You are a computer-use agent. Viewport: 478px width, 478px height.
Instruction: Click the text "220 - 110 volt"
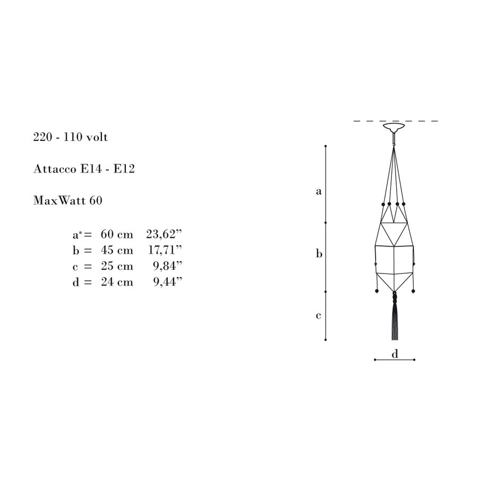point(71,137)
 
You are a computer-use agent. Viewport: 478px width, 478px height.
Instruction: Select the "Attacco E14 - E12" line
point(84,169)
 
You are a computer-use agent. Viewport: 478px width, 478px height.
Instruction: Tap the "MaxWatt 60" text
point(67,201)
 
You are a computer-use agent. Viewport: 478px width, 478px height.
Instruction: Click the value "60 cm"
point(117,234)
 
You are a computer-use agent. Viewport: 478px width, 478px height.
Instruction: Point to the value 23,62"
point(164,234)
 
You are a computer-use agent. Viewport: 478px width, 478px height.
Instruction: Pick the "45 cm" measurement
point(117,250)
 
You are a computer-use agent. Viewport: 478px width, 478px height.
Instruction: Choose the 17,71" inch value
point(165,250)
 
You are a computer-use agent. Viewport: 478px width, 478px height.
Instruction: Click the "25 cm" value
point(117,266)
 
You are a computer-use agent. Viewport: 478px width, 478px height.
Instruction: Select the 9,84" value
point(167,266)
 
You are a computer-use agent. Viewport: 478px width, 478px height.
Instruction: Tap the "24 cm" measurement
point(117,281)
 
